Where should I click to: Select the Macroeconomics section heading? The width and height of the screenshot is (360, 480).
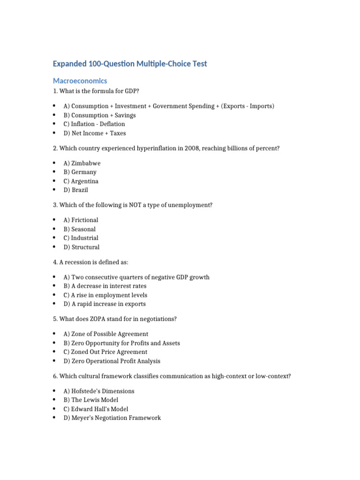pyautogui.click(x=80, y=81)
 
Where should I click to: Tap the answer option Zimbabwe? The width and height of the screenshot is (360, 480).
pyautogui.click(x=82, y=163)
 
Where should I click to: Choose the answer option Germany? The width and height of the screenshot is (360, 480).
pyautogui.click(x=80, y=172)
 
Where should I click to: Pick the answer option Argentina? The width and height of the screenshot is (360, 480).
pyautogui.click(x=81, y=181)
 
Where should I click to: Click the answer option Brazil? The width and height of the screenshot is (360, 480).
pyautogui.click(x=76, y=190)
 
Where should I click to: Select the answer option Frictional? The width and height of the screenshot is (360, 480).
pyautogui.click(x=81, y=220)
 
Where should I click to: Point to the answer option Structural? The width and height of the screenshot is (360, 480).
pyautogui.click(x=82, y=247)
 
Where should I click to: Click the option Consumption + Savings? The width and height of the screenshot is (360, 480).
pyautogui.click(x=100, y=115)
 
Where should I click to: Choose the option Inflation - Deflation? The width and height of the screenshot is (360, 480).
pyautogui.click(x=94, y=124)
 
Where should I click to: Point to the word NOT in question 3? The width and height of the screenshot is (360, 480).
pyautogui.click(x=126, y=205)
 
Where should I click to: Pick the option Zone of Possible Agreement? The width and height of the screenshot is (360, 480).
pyautogui.click(x=106, y=334)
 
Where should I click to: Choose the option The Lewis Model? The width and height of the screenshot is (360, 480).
pyautogui.click(x=91, y=400)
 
